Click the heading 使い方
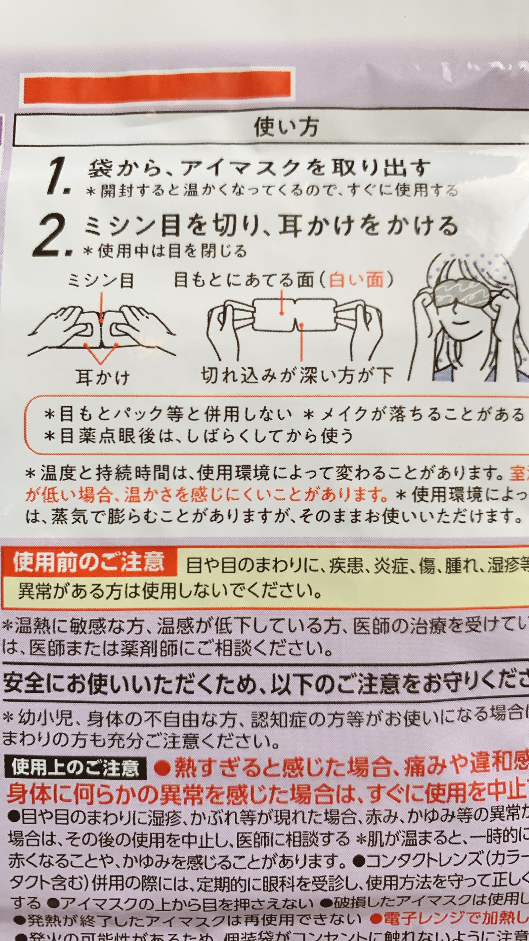286,127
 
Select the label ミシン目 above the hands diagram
100,281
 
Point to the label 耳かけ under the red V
103,377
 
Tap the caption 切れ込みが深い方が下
297,375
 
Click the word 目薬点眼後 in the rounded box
107,436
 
